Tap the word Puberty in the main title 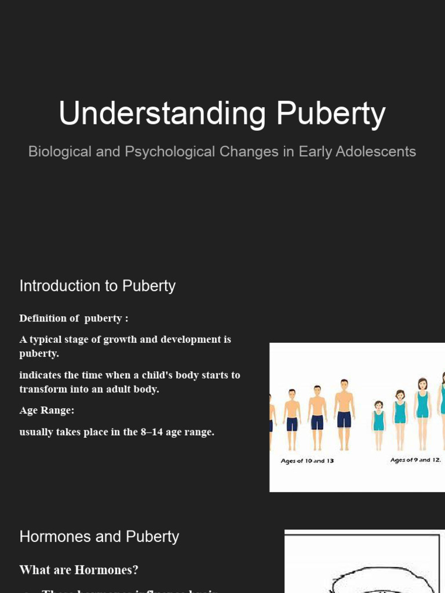click(330, 114)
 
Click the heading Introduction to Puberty click(97, 286)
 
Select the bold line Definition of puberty click(74, 319)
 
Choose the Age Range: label click(47, 411)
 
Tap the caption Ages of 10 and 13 click(307, 461)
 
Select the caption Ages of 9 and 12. click(415, 460)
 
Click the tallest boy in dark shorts click(344, 414)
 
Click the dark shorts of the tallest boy click(344, 419)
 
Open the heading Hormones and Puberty click(99, 537)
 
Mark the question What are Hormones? click(79, 570)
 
